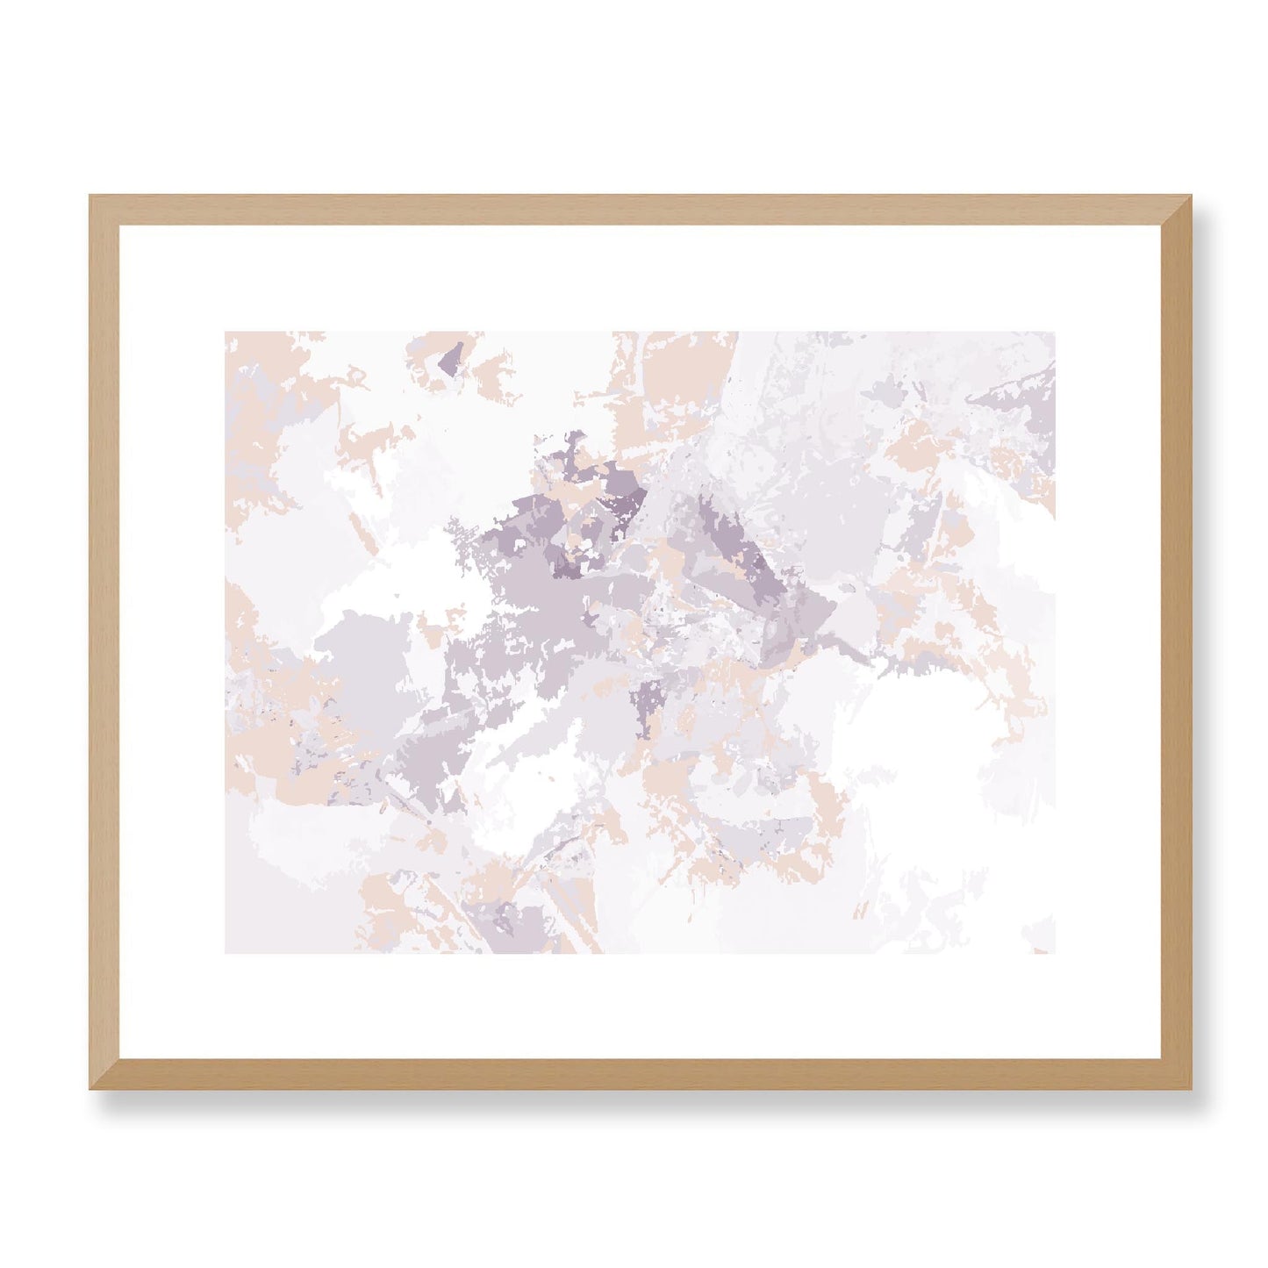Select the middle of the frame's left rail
[x=104, y=642]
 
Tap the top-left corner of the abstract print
[x=226, y=333]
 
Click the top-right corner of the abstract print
[x=1054, y=333]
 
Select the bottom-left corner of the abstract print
[x=226, y=952]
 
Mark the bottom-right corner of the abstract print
[x=1054, y=952]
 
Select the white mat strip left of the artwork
[x=172, y=642]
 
